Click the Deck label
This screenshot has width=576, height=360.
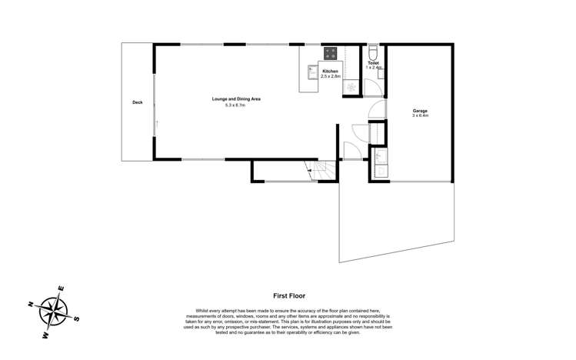[138, 102]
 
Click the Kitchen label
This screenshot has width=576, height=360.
[329, 71]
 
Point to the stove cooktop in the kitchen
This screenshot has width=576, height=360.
[331, 54]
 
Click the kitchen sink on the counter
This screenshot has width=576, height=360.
[311, 72]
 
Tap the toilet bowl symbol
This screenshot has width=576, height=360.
[373, 52]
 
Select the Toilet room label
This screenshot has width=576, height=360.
[373, 63]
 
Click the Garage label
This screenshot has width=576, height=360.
[419, 111]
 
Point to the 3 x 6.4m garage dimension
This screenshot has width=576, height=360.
[419, 116]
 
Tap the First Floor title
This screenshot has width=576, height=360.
[289, 295]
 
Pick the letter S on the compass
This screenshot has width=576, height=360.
[76, 318]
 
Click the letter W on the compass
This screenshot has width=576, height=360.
[46, 335]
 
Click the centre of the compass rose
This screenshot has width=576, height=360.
[54, 312]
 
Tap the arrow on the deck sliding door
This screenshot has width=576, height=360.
[157, 123]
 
